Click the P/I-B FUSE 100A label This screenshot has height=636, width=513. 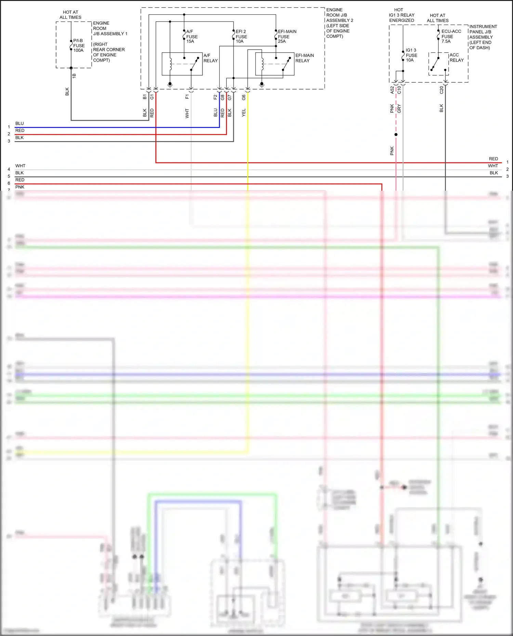pyautogui.click(x=79, y=45)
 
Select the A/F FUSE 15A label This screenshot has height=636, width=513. pyautogui.click(x=192, y=36)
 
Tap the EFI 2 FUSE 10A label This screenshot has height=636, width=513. pyautogui.click(x=241, y=36)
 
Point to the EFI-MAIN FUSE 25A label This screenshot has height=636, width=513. pyautogui.click(x=287, y=36)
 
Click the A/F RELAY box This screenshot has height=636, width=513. pyautogui.click(x=182, y=64)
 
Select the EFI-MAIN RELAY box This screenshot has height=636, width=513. pyautogui.click(x=275, y=64)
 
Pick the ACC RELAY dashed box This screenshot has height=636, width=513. pyautogui.click(x=438, y=64)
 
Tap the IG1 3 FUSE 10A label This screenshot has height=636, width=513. pyautogui.click(x=411, y=55)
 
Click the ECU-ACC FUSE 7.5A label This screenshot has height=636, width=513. pyautogui.click(x=451, y=36)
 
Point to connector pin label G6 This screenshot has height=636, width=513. pyautogui.click(x=244, y=97)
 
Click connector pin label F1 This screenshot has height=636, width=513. pyautogui.click(x=187, y=97)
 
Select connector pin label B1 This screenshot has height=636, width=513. pyautogui.click(x=145, y=97)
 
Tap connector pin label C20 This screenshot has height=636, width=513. pyautogui.click(x=442, y=90)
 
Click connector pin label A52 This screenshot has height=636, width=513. pyautogui.click(x=392, y=90)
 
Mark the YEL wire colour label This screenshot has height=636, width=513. pyautogui.click(x=244, y=113)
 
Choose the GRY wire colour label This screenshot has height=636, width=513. pyautogui.click(x=399, y=109)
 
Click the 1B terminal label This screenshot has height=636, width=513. pyautogui.click(x=74, y=76)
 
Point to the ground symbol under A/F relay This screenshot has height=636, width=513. pyautogui.click(x=170, y=84)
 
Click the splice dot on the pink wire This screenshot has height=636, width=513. pyautogui.click(x=396, y=135)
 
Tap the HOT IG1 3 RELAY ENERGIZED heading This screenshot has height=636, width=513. pyautogui.click(x=402, y=15)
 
